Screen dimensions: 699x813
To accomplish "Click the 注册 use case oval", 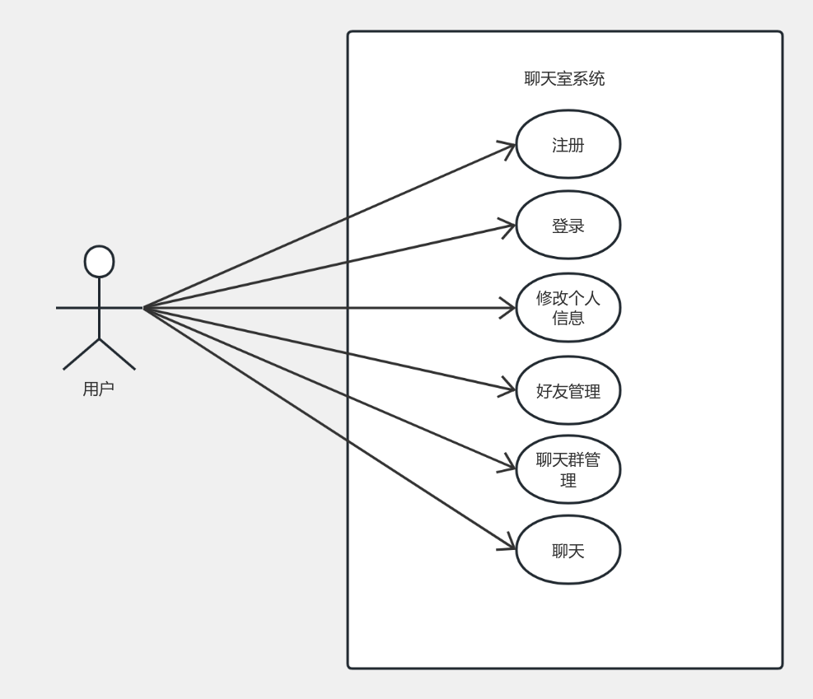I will [x=568, y=144].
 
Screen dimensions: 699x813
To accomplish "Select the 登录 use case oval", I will [x=568, y=225].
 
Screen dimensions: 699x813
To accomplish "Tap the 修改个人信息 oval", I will [x=568, y=307].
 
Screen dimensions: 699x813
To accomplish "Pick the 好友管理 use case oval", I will [x=568, y=390].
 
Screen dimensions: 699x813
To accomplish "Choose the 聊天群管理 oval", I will [x=568, y=469].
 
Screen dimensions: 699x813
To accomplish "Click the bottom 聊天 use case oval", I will [x=568, y=550].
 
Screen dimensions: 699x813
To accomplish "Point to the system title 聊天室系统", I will [x=564, y=79].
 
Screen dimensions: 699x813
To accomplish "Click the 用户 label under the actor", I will [x=98, y=389].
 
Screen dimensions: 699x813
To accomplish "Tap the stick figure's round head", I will [x=99, y=261].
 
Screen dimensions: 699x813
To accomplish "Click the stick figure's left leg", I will [x=81, y=354].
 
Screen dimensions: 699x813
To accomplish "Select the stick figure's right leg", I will [x=118, y=354].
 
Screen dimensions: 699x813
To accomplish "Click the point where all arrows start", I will [x=144, y=309].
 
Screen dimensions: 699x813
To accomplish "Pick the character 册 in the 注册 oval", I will [x=577, y=145].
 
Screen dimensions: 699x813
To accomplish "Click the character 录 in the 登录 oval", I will [x=577, y=226].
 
